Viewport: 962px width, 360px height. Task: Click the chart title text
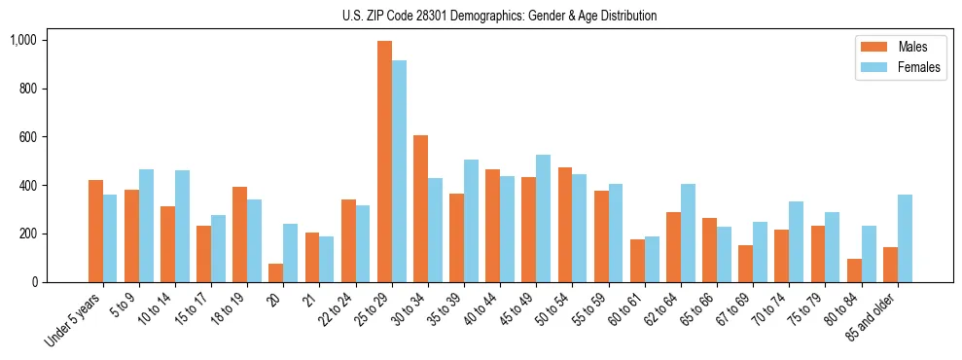499,16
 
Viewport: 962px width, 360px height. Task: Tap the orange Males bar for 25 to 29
384,162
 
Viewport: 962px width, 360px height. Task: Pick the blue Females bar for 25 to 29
399,171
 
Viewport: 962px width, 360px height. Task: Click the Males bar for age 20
276,273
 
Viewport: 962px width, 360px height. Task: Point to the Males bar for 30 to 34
420,209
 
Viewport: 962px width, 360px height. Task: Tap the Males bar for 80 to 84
854,270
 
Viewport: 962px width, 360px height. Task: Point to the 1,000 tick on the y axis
23,41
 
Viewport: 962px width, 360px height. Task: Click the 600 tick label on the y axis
27,137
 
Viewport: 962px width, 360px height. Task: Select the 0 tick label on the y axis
34,282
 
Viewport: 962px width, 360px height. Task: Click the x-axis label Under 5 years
75,321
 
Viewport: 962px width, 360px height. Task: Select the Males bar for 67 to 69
745,264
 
